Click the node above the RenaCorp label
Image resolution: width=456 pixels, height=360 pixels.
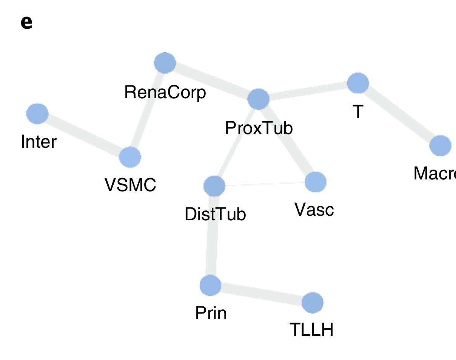pos(165,63)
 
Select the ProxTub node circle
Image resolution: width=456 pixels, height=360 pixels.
pos(258,99)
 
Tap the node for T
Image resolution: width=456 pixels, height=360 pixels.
pos(357,83)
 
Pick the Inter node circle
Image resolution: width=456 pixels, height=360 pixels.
pos(37,113)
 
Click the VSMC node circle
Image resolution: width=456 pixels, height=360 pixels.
pos(130,157)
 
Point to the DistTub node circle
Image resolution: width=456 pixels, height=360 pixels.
pos(214,186)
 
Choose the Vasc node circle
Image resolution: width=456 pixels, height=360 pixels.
pos(315,182)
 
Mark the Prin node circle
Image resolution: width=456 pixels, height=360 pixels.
pos(210,285)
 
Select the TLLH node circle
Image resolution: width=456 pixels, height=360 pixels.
pos(313,303)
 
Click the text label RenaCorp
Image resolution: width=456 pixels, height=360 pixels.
pos(165,93)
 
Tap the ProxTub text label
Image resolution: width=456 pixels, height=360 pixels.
pos(259,128)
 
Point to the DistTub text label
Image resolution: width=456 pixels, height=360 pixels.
pos(215,215)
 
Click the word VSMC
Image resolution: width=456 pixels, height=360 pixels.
pos(130,185)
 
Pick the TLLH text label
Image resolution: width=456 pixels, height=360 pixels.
pos(311,330)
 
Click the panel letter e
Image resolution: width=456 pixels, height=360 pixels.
pos(26,23)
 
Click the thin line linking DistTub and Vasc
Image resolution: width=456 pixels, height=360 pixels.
pos(264,184)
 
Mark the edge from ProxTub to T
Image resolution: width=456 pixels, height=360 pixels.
pos(308,91)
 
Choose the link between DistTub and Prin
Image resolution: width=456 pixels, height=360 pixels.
pos(212,235)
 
